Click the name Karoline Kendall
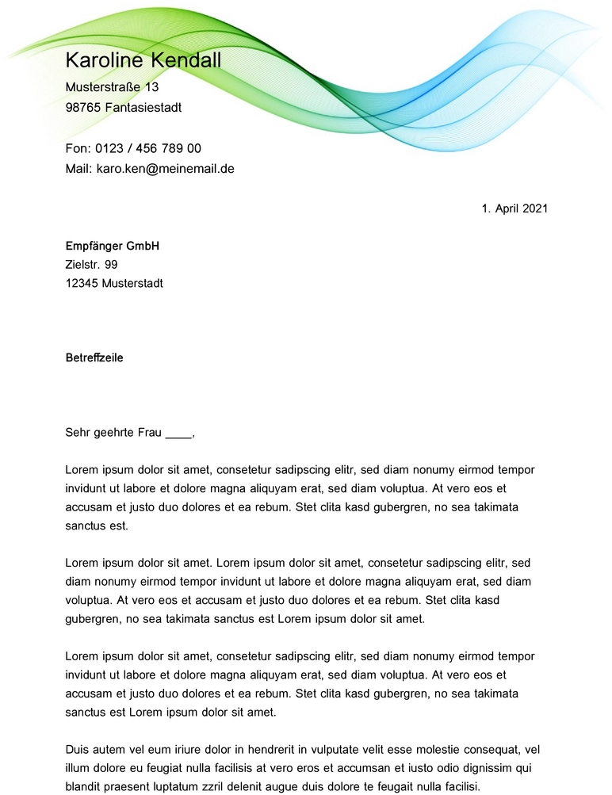(x=143, y=60)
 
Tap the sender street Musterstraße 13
(x=112, y=86)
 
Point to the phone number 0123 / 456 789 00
(x=148, y=148)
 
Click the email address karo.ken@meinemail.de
(x=165, y=169)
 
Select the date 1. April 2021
(x=514, y=208)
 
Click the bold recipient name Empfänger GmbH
(x=112, y=247)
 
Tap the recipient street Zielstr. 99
(x=91, y=265)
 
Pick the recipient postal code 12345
(x=82, y=283)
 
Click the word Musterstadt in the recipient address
(x=132, y=283)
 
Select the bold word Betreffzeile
(x=94, y=357)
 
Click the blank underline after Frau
(x=178, y=434)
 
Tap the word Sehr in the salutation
(x=77, y=433)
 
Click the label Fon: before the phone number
(x=77, y=148)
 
